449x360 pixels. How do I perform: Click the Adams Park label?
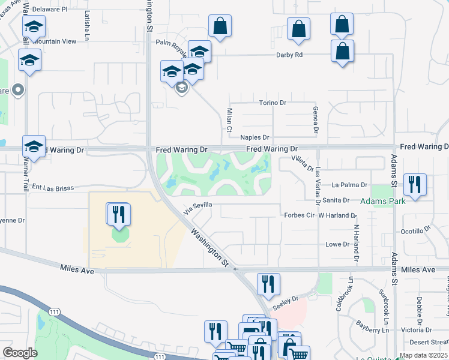pyautogui.click(x=382, y=202)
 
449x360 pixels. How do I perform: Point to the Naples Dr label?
pyautogui.click(x=255, y=137)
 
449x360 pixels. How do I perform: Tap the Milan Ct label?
pyautogui.click(x=229, y=120)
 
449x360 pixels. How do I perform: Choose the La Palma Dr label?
pyautogui.click(x=349, y=185)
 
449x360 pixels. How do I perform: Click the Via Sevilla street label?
pyautogui.click(x=199, y=208)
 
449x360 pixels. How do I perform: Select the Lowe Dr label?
pyautogui.click(x=337, y=244)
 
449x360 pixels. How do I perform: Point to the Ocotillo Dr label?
pyautogui.click(x=416, y=230)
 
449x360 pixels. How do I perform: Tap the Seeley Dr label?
pyautogui.click(x=285, y=302)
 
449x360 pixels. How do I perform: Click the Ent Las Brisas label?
pyautogui.click(x=53, y=188)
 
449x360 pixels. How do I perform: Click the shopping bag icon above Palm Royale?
pyautogui.click(x=220, y=25)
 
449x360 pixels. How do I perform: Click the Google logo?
pyautogui.click(x=20, y=352)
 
